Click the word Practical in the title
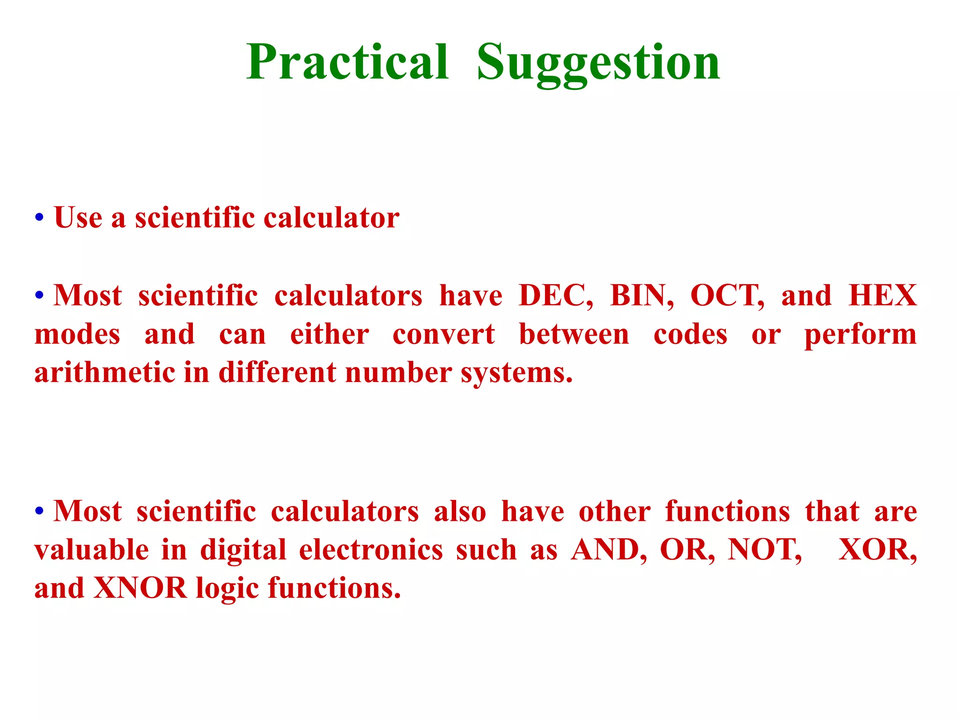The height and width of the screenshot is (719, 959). point(347,62)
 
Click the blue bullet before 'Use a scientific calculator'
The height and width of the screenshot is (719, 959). point(39,218)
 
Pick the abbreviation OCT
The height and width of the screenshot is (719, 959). point(726,296)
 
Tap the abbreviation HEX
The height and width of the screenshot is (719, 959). point(883,296)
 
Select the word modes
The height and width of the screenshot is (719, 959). point(77,335)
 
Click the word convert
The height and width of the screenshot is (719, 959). point(443,335)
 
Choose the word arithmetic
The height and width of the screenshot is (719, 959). point(104,373)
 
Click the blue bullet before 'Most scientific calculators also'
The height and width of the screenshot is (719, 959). point(39,511)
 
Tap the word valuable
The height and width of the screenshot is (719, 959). point(92,550)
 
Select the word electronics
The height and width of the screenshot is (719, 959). point(371,550)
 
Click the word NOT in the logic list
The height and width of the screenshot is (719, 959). point(764,550)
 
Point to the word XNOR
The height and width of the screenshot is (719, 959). point(140,588)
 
